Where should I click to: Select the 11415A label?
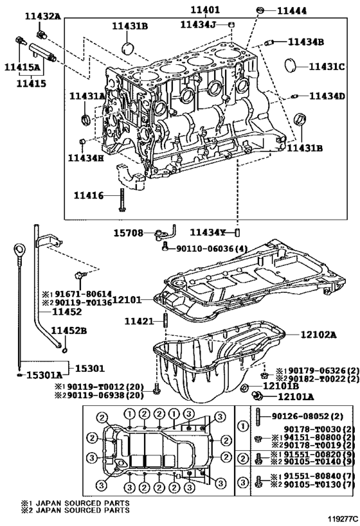pos(22,67)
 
